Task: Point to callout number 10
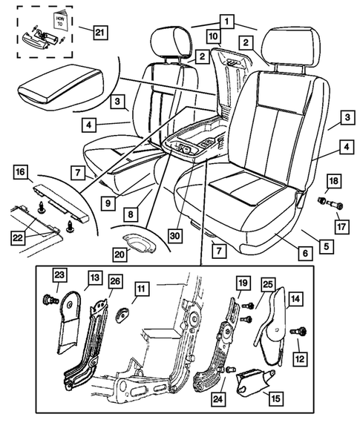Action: tap(213, 35)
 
